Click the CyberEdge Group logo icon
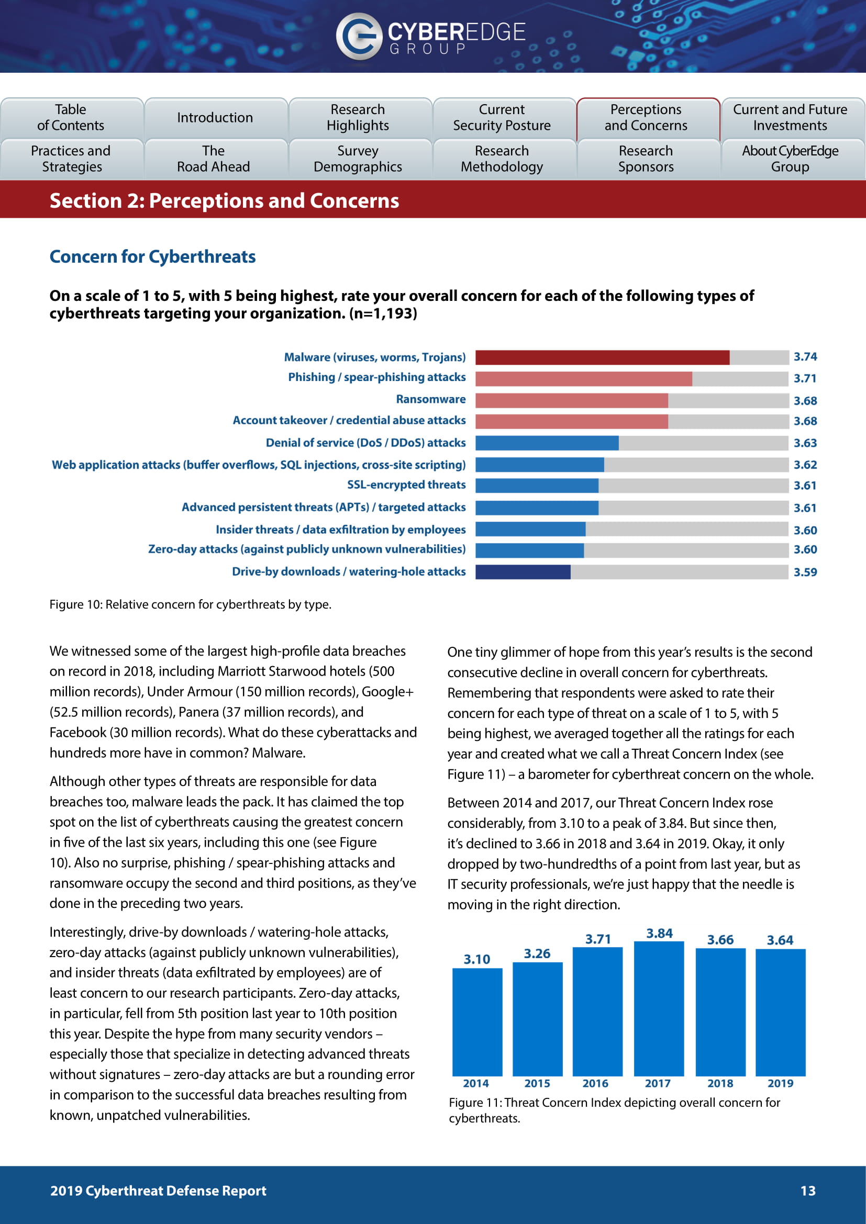358,36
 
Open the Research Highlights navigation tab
358,117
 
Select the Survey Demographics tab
358,159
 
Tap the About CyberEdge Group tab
790,159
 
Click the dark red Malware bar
602,357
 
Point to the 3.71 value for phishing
805,378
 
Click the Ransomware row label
430,399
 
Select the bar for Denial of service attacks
547,443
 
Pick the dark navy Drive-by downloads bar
523,572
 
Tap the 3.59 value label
805,572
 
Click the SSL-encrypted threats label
406,485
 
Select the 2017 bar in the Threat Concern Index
659,1008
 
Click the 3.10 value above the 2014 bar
476,960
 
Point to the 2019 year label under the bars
780,1083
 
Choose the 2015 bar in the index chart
537,1019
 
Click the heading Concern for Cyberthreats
152,256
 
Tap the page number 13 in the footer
808,1191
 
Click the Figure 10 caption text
191,604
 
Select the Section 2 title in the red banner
224,201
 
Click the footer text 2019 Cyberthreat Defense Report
158,1191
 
